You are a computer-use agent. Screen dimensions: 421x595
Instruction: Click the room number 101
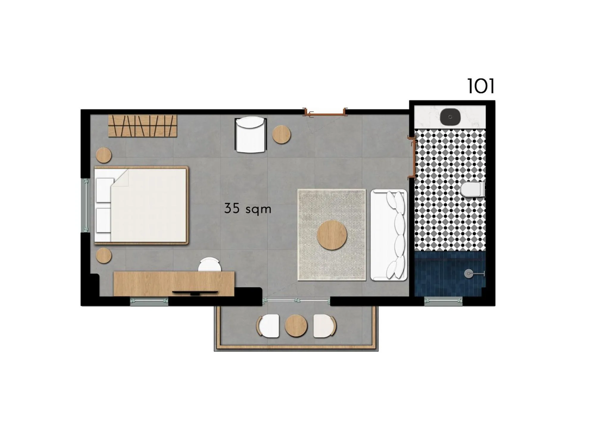pyautogui.click(x=480, y=86)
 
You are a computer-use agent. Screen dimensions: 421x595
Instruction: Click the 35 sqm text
pyautogui.click(x=248, y=209)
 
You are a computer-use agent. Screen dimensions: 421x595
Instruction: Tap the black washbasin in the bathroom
pyautogui.click(x=450, y=117)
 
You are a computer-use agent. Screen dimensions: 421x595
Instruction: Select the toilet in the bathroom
pyautogui.click(x=472, y=190)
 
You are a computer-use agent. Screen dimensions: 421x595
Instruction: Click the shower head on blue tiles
pyautogui.click(x=469, y=274)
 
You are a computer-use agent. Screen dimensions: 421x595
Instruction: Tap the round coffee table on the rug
pyautogui.click(x=332, y=235)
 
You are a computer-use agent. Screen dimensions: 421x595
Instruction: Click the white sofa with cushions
pyautogui.click(x=388, y=235)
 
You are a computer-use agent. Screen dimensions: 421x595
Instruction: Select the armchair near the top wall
pyautogui.click(x=250, y=135)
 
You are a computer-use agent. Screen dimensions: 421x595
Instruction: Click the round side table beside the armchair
pyautogui.click(x=281, y=135)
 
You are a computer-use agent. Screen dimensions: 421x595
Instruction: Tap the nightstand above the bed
pyautogui.click(x=104, y=155)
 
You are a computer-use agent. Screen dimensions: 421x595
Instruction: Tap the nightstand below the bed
pyautogui.click(x=104, y=255)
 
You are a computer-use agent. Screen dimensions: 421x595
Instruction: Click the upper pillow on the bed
pyautogui.click(x=104, y=190)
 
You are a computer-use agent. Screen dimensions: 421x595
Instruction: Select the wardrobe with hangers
pyautogui.click(x=143, y=126)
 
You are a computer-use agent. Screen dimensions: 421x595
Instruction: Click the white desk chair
pyautogui.click(x=210, y=265)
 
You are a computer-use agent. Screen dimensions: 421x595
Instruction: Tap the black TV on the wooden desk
pyautogui.click(x=195, y=293)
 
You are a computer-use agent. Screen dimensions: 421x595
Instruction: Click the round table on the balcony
pyautogui.click(x=296, y=326)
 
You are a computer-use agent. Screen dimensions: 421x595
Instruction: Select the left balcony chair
pyautogui.click(x=268, y=326)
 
